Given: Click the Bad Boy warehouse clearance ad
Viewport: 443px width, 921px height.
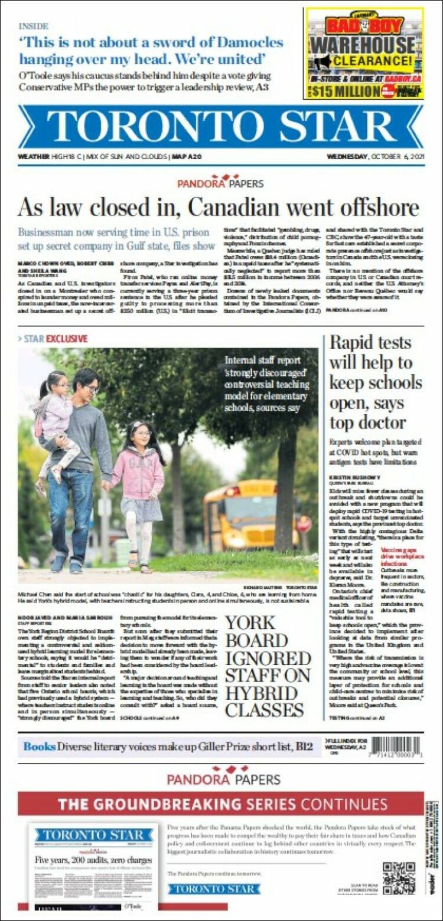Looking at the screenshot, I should [364, 53].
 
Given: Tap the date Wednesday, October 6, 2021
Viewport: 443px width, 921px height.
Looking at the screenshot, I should [376, 157].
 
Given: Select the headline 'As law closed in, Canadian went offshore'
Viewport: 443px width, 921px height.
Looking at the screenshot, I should [218, 208].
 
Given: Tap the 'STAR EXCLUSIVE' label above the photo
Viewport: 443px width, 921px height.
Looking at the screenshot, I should [56, 339].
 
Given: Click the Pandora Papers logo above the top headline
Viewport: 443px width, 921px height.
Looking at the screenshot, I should [220, 182].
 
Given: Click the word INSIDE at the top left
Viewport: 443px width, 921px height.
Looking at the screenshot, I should [33, 26].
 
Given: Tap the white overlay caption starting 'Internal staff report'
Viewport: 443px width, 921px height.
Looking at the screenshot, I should [265, 384].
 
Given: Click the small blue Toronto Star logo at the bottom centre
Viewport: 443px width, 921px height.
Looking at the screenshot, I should [213, 889].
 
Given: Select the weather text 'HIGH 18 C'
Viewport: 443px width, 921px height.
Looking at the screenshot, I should [63, 157].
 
